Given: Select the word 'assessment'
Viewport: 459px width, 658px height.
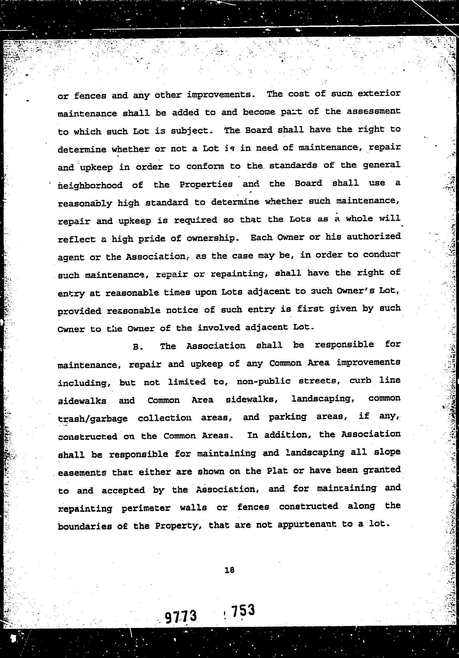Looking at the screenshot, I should (373, 112).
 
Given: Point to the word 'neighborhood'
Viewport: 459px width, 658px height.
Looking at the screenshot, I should (90, 186).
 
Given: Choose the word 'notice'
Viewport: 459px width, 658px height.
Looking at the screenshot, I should (182, 310).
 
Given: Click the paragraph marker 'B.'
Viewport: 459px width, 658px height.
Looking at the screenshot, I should (138, 347).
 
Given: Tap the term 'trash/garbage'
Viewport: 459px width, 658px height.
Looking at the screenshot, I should (93, 419).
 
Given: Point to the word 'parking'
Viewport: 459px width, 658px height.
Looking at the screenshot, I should (287, 417).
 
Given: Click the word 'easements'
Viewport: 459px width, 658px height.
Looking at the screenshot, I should (82, 472).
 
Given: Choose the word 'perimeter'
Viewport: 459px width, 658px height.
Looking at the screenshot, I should (146, 508).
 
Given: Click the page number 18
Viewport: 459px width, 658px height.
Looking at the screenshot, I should (230, 570).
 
